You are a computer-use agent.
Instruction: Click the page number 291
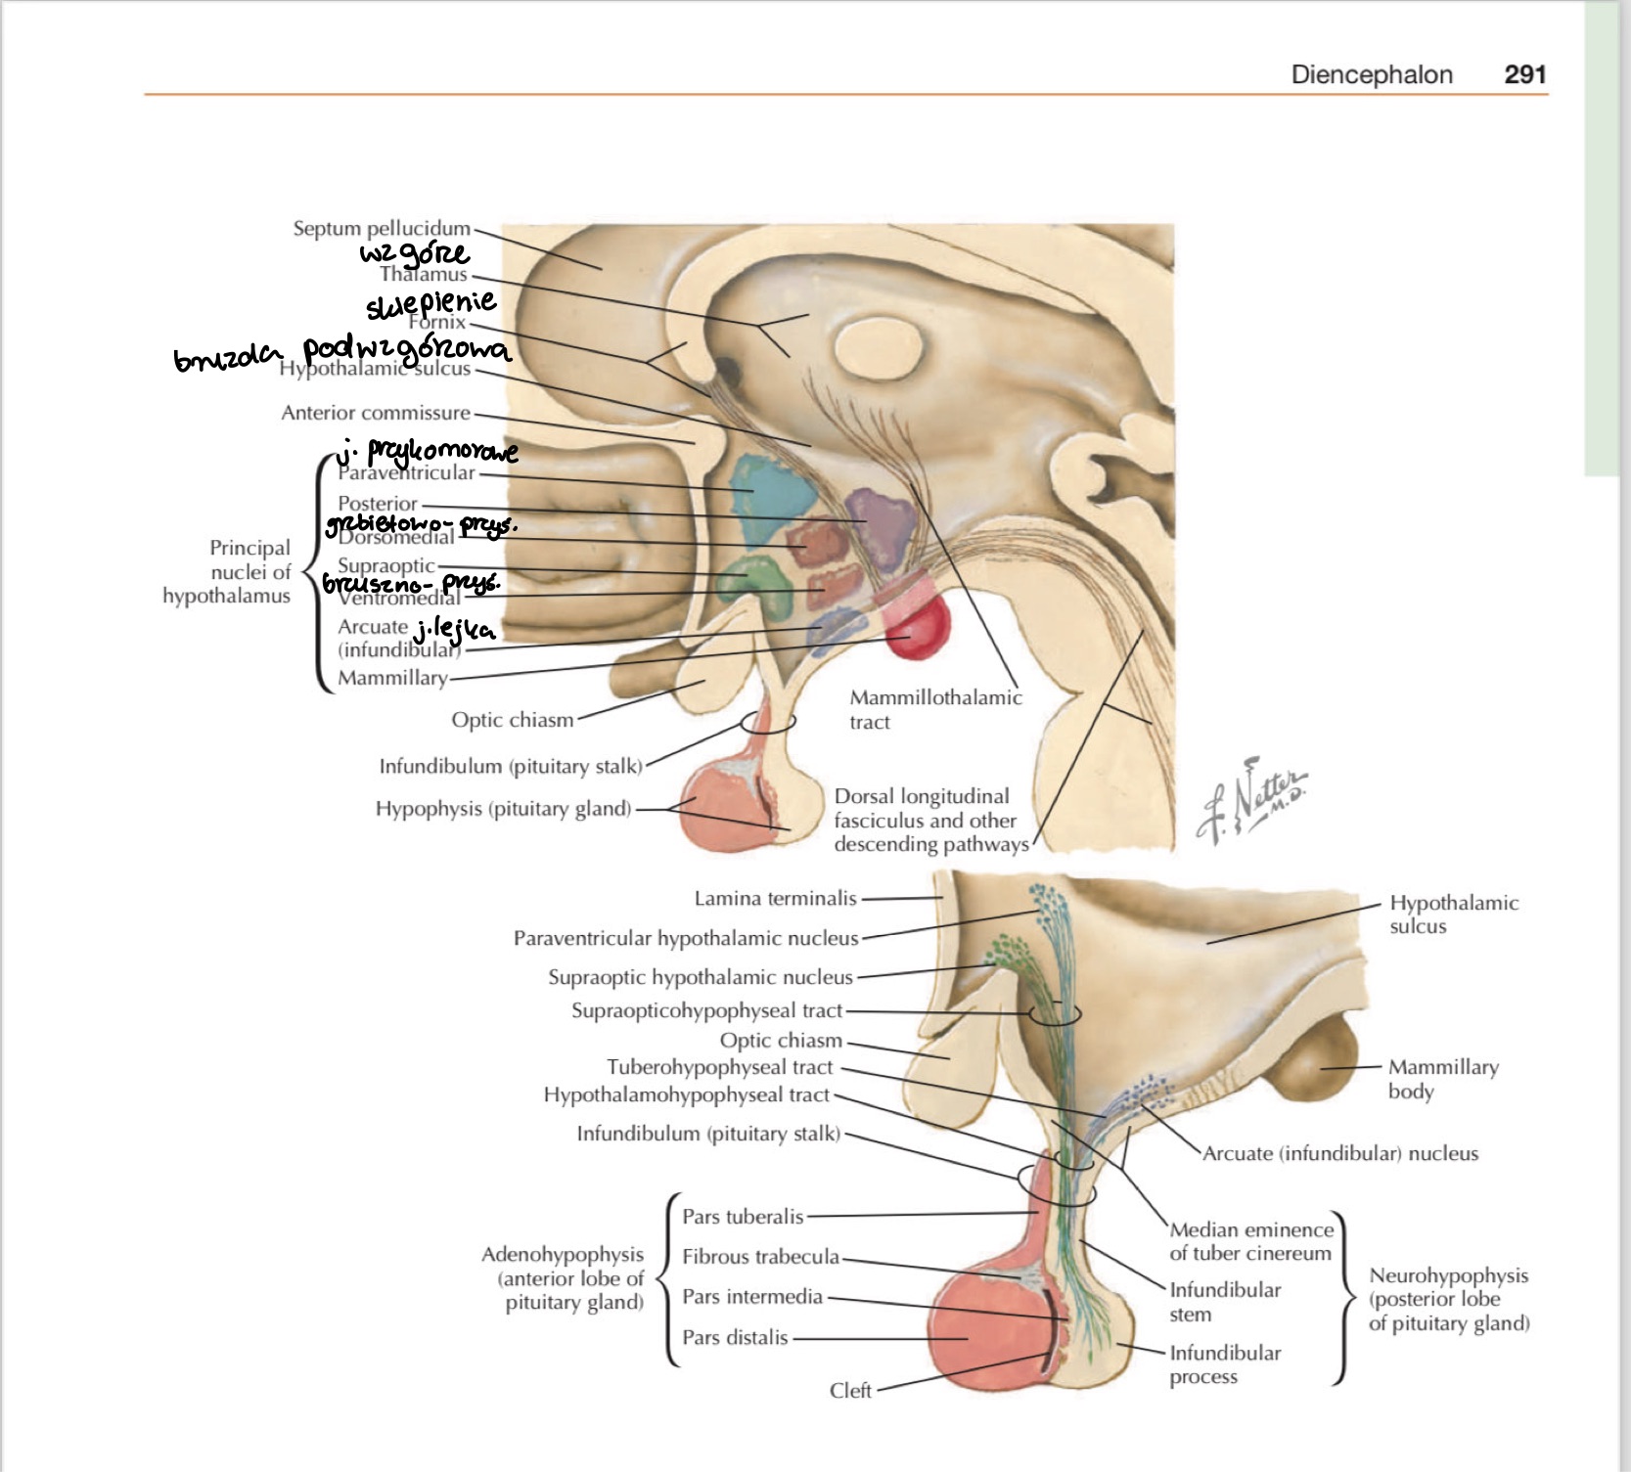pyautogui.click(x=1524, y=75)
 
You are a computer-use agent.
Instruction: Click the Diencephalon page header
pyautogui.click(x=1371, y=75)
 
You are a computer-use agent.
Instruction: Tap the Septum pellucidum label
pyautogui.click(x=382, y=229)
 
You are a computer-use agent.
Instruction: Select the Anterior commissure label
pyautogui.click(x=376, y=413)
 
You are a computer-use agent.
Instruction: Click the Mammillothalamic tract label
pyautogui.click(x=934, y=709)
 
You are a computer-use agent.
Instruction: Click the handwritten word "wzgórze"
pyautogui.click(x=414, y=254)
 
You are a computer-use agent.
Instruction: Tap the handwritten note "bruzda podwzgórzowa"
pyautogui.click(x=342, y=352)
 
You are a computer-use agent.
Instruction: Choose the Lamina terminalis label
pyautogui.click(x=775, y=898)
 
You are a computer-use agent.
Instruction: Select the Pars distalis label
pyautogui.click(x=735, y=1337)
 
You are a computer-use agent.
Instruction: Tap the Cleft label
pyautogui.click(x=850, y=1390)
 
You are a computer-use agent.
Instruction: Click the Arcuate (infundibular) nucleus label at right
pyautogui.click(x=1339, y=1153)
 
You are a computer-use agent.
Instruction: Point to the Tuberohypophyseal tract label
pyautogui.click(x=719, y=1067)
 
